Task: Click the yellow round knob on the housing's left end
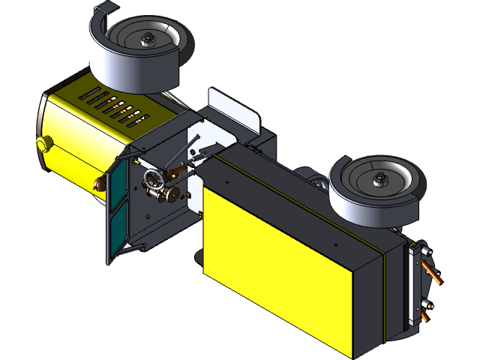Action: coord(43,142)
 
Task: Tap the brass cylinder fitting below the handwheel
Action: coord(168,196)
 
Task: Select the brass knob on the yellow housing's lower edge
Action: coord(97,182)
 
